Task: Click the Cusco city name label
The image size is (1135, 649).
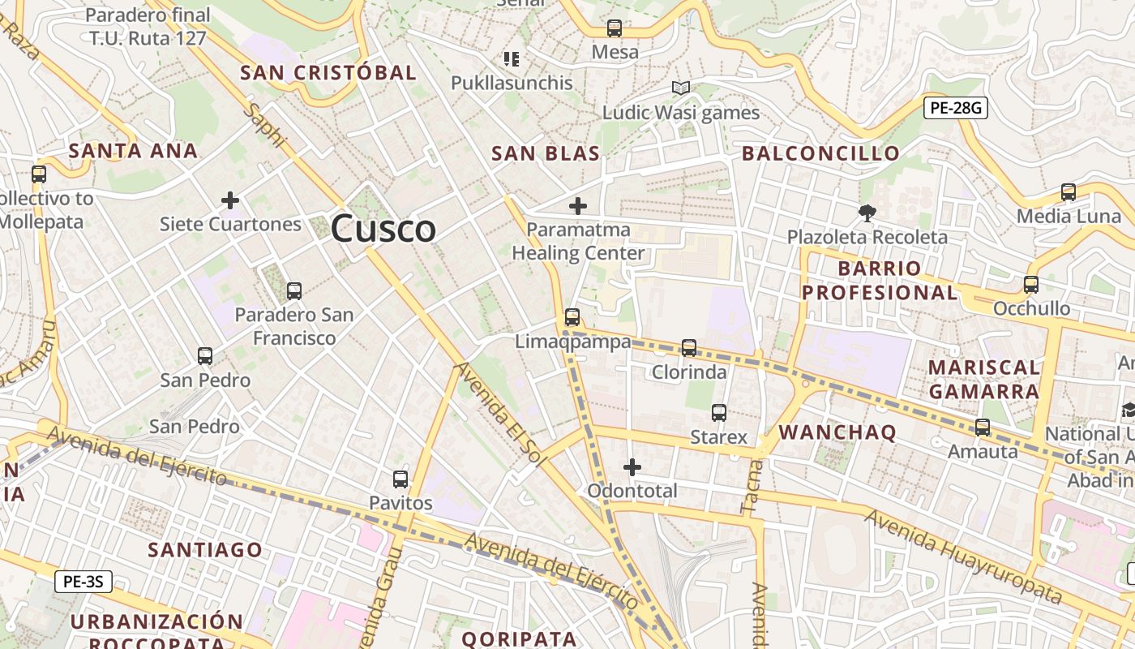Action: (x=383, y=228)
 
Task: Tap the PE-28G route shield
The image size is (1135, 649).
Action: (x=956, y=107)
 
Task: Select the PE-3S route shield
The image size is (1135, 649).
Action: (x=84, y=581)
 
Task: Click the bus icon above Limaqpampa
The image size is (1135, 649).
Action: (x=572, y=317)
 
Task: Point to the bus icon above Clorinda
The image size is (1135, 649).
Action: (x=689, y=348)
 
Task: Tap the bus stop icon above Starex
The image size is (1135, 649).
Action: (x=718, y=413)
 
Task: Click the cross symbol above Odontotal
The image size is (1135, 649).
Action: (x=632, y=467)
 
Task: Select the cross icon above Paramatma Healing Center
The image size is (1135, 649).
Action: (x=578, y=206)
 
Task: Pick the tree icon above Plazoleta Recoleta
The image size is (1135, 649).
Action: (x=867, y=213)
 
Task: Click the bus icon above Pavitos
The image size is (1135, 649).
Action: (x=400, y=479)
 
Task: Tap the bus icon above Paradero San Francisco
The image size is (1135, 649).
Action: (x=294, y=291)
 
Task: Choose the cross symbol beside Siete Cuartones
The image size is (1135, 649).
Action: (x=230, y=200)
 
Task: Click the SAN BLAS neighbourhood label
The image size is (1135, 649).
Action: (x=546, y=153)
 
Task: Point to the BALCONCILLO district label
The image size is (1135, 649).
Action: (x=820, y=153)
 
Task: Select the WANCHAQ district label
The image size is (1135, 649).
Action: (x=837, y=432)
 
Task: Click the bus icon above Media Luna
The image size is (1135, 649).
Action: (x=1069, y=192)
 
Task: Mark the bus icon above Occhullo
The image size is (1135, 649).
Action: (x=1031, y=285)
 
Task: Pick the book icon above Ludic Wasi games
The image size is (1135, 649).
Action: (x=681, y=88)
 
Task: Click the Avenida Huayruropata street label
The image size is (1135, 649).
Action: (x=962, y=557)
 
